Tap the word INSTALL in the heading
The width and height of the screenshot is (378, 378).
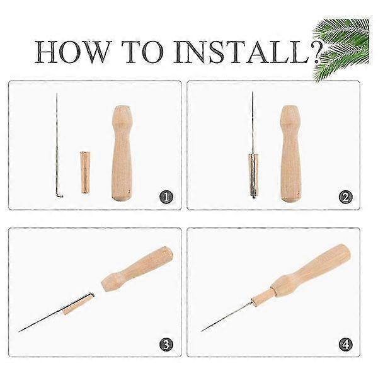coord(241,52)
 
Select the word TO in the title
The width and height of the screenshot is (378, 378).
coord(144,52)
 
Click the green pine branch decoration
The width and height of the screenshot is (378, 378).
coord(341,49)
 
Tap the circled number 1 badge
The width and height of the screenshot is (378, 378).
coord(166,197)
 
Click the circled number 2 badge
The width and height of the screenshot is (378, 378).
coord(345,197)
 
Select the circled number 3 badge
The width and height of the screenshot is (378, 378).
coord(166,344)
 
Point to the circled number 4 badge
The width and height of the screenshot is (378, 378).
coord(345,344)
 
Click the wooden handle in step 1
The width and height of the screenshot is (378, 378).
coord(122,153)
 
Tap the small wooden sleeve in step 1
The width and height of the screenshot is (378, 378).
coord(85,172)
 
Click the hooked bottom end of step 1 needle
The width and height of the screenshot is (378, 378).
coord(59,196)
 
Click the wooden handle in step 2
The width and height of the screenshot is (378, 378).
coord(291,154)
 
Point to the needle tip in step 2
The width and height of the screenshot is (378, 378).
coord(253,92)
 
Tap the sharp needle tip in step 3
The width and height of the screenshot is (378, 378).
coord(20,331)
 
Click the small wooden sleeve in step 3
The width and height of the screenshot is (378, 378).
coord(78,304)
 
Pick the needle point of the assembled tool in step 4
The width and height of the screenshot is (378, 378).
coord(202,331)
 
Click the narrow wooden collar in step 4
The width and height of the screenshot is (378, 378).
coord(263,296)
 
